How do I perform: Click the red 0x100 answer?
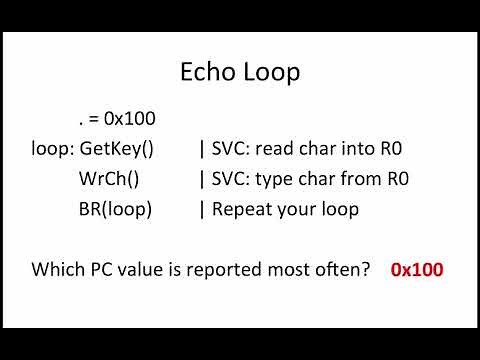[x=418, y=269]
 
